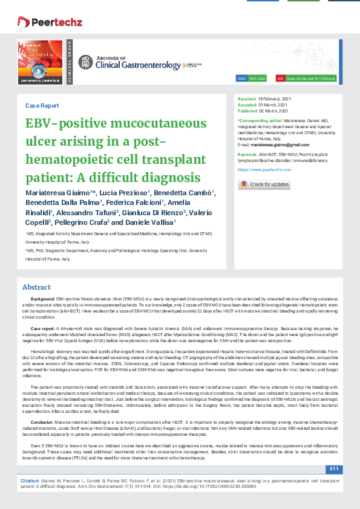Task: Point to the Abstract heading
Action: click(36, 287)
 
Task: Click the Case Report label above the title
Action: click(42, 105)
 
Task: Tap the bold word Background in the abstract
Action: click(42, 299)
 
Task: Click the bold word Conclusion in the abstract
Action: click(42, 421)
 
